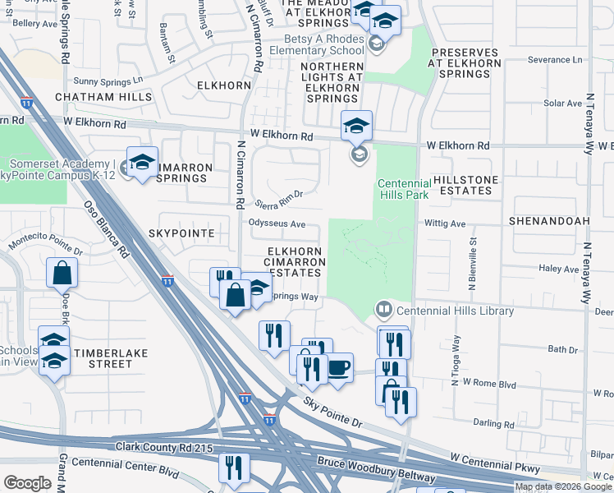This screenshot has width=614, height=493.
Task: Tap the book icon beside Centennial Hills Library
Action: [383, 311]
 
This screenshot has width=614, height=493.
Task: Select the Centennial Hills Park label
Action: [403, 190]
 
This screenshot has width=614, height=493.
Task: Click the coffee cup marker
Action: [337, 367]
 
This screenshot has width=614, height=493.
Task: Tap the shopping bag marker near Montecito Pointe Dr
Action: [62, 274]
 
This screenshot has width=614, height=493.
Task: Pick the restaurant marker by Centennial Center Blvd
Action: [234, 468]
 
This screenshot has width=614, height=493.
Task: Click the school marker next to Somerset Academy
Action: [142, 161]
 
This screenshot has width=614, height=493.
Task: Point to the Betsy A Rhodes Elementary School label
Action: [324, 44]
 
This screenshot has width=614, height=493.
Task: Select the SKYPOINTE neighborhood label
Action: [181, 233]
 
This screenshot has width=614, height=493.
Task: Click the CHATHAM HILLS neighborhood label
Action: [103, 97]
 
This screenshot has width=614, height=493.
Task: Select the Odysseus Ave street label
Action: [277, 223]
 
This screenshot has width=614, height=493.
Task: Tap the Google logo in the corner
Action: [27, 483]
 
